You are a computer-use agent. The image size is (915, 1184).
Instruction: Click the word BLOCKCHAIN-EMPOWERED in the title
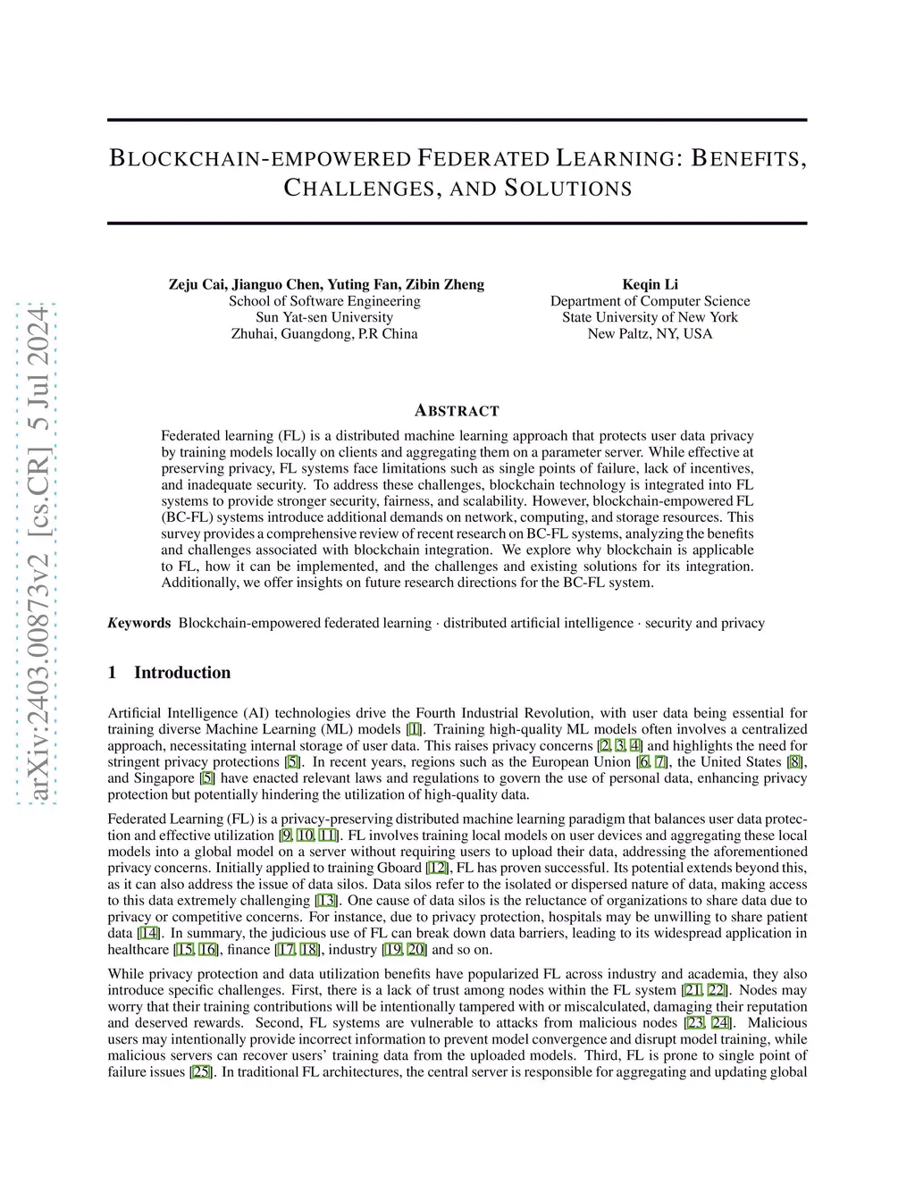pos(259,159)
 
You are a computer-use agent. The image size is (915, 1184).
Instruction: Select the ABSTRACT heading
pos(457,411)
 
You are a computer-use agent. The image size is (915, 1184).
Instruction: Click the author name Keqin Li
pos(650,284)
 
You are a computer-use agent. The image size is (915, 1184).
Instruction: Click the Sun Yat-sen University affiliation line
pos(324,317)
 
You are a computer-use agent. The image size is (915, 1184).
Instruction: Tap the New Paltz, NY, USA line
pos(650,333)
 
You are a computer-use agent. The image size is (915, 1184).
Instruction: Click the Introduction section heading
pos(182,673)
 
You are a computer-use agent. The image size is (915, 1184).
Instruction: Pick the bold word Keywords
pos(139,623)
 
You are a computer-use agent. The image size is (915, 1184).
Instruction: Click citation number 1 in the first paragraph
pos(414,729)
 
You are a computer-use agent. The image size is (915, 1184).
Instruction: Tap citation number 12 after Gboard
pos(438,868)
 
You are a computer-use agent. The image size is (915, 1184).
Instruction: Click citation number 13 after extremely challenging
pos(326,901)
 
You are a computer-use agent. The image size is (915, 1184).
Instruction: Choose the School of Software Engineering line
pos(324,301)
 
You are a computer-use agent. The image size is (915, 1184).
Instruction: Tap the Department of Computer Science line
pos(650,301)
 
